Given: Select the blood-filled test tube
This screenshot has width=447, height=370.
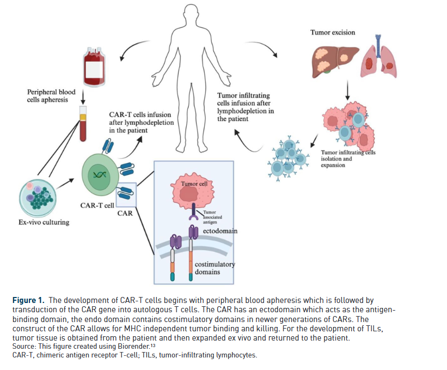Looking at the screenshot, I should (83, 123).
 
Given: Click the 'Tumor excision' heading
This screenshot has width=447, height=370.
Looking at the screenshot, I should (333, 33).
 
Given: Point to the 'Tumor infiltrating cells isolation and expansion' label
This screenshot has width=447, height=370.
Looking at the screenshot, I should (348, 159).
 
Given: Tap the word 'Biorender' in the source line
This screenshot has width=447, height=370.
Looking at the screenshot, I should (139, 347).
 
